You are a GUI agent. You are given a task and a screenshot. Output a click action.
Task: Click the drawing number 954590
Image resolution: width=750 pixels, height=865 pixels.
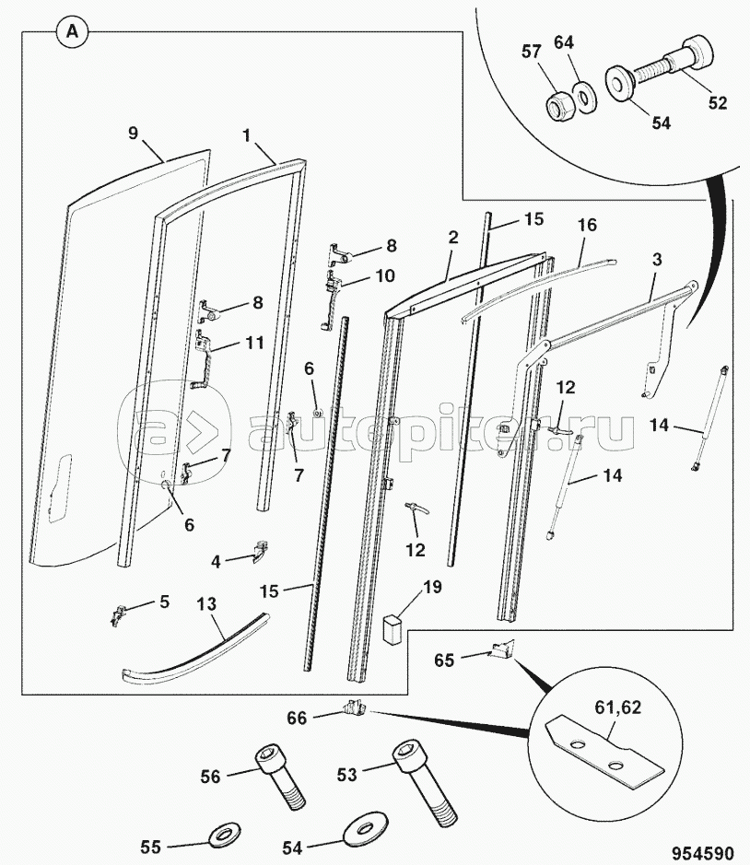pyautogui.click(x=702, y=852)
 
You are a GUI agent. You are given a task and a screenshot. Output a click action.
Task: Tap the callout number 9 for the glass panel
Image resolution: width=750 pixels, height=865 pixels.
pyautogui.click(x=133, y=133)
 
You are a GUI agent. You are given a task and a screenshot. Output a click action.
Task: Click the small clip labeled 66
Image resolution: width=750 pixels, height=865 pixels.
pyautogui.click(x=355, y=707)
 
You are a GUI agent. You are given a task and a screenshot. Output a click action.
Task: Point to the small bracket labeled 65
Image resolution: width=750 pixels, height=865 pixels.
pyautogui.click(x=502, y=649)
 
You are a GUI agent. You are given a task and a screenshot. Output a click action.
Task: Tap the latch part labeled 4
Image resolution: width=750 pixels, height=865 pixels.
pyautogui.click(x=259, y=552)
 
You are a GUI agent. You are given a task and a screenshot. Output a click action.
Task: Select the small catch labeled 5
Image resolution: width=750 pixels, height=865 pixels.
pyautogui.click(x=119, y=614)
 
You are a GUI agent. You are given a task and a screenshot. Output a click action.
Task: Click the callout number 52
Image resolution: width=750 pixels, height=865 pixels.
pyautogui.click(x=718, y=102)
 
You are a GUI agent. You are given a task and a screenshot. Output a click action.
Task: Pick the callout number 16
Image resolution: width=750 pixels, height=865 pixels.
pyautogui.click(x=588, y=225)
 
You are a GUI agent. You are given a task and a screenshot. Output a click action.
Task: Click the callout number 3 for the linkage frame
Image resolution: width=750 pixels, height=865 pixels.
pyautogui.click(x=657, y=259)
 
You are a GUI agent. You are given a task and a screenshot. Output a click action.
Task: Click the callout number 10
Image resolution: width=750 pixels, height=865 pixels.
pyautogui.click(x=385, y=275)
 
